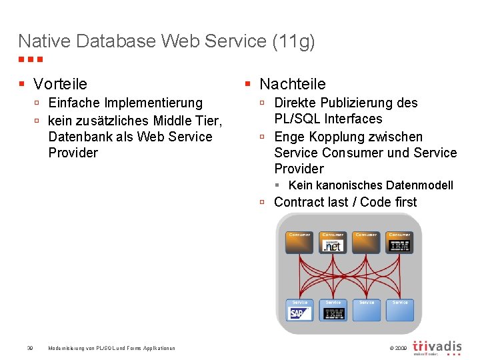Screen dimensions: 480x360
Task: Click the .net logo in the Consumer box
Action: click(333, 246)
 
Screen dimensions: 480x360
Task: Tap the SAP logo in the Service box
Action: click(299, 313)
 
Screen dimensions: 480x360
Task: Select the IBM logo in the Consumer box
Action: click(399, 246)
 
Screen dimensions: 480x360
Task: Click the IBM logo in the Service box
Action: click(333, 313)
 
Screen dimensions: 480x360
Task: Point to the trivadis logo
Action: click(437, 347)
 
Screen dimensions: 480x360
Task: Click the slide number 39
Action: click(30, 348)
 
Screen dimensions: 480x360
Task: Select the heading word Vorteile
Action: click(60, 84)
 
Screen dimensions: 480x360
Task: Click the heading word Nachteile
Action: click(292, 84)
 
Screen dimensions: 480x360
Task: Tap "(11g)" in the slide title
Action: click(293, 41)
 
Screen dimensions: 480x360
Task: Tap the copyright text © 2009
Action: click(397, 348)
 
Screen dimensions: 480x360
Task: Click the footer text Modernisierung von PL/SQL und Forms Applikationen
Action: click(112, 348)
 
